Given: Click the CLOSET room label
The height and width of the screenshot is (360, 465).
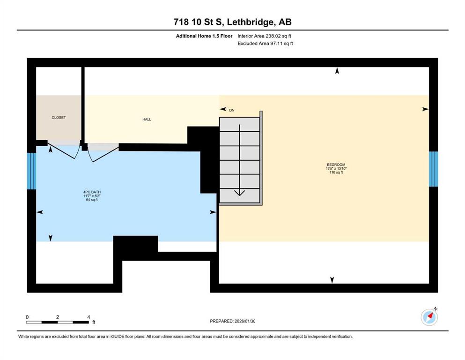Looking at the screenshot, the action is point(59,118).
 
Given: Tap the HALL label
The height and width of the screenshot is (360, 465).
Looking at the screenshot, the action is point(147,120).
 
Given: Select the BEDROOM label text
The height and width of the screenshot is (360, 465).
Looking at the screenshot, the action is point(336,165).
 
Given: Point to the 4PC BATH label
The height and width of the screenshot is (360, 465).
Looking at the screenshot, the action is point(92,192).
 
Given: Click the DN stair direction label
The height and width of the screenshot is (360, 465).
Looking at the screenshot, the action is point(232,110).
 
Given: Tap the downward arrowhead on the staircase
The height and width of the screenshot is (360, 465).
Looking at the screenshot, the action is point(239,193).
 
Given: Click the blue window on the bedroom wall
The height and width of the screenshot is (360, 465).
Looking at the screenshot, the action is point(433,169).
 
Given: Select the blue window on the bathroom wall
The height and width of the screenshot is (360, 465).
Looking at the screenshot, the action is point(31,171).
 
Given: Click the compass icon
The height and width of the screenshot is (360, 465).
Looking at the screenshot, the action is point(429,317).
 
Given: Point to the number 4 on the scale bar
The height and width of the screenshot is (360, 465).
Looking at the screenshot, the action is point(89,317).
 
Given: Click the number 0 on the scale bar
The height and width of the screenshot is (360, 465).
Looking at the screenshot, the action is point(27,317).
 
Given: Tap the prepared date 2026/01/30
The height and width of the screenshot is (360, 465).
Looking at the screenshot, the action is point(245,321).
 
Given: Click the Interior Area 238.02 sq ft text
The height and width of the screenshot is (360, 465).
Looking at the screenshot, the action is point(264,36).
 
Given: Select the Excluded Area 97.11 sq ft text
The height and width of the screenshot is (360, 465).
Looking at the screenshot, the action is point(265,43).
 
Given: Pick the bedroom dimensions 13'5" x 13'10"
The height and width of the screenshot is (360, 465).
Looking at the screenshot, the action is point(336,169).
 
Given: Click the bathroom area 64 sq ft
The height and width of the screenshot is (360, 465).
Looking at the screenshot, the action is point(92,200).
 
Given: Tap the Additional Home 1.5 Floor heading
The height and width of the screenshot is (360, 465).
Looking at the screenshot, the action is point(204,36).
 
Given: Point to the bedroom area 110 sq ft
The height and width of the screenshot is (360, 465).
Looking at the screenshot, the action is point(336,172).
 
